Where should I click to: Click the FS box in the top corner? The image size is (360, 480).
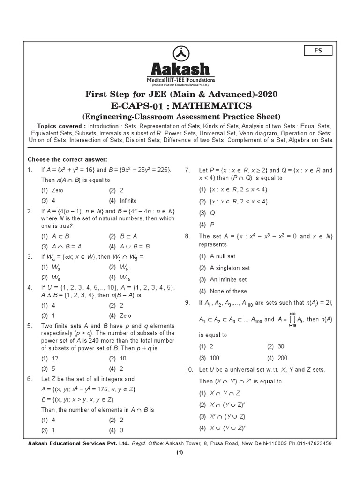click(x=318, y=51)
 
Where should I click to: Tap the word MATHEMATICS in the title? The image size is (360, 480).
click(x=215, y=105)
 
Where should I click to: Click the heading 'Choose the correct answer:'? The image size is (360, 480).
click(x=67, y=159)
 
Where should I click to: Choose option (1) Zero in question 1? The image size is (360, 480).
click(x=52, y=190)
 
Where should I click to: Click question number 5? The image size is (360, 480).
click(x=30, y=326)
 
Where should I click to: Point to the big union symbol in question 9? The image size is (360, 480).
click(x=292, y=319)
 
